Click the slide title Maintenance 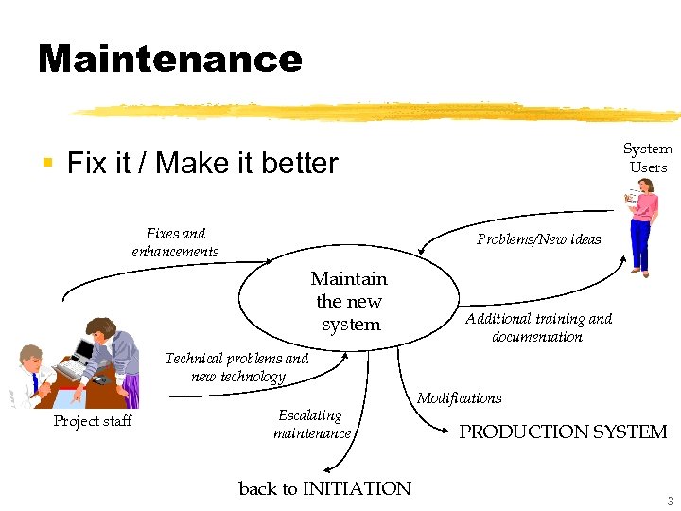tap(170, 59)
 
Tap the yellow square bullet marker tap(46, 164)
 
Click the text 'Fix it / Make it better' tap(202, 164)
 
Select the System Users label tap(648, 158)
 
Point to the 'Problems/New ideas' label tap(538, 239)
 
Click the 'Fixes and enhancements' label tap(176, 242)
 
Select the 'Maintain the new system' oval tap(349, 301)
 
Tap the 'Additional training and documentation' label tap(538, 327)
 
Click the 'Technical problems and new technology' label tap(236, 367)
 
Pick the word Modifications tap(460, 398)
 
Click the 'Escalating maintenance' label tap(311, 424)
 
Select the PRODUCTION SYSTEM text tap(563, 432)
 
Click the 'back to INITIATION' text tap(324, 488)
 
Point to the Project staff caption tap(93, 421)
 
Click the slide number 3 tap(670, 501)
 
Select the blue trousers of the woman tap(640, 250)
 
